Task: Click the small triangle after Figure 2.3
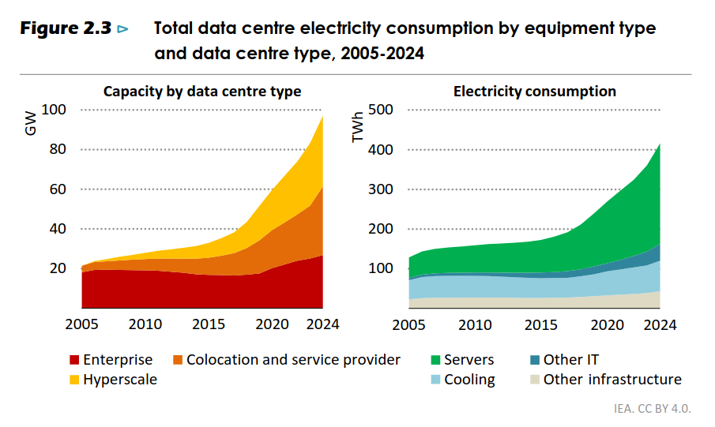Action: click(122, 30)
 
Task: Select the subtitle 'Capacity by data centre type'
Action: click(202, 92)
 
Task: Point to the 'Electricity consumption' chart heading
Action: click(534, 92)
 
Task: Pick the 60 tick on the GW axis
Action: click(57, 189)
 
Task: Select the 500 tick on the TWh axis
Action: click(381, 110)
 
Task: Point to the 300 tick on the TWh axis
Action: click(381, 189)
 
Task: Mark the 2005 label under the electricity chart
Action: click(409, 324)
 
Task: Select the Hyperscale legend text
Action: click(120, 380)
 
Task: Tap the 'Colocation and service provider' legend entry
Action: click(293, 360)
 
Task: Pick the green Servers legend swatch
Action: click(435, 361)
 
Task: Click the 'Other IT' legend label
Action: click(570, 360)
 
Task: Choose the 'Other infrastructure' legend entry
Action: click(612, 380)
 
